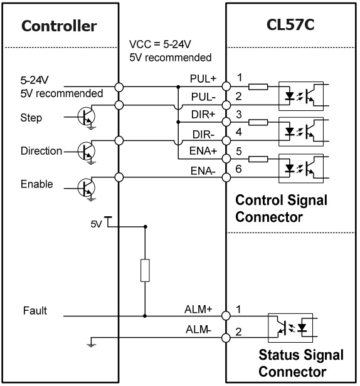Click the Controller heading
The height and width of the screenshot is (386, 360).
coord(59,26)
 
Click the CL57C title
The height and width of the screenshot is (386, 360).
coord(290,24)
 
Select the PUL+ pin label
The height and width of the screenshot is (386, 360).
coord(203,79)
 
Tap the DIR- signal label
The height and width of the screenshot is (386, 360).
coord(204,135)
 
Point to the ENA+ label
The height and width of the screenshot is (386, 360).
coord(203,150)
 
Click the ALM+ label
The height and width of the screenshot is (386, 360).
coord(198,309)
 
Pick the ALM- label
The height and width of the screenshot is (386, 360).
coord(198,330)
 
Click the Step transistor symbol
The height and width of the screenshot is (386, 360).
coord(87,117)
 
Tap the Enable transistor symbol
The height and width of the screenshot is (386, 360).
coord(87,188)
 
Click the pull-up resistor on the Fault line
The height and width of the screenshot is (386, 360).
coord(145,270)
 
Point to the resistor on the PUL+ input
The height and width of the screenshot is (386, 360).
coord(258,86)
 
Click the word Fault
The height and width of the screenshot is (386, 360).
coord(35,310)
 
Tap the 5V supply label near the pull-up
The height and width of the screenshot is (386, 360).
coord(96,224)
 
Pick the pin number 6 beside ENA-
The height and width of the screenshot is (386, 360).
coord(238,169)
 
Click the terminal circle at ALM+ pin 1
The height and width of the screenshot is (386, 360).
coord(226,315)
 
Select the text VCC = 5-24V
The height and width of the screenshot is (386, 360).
coord(160,44)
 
